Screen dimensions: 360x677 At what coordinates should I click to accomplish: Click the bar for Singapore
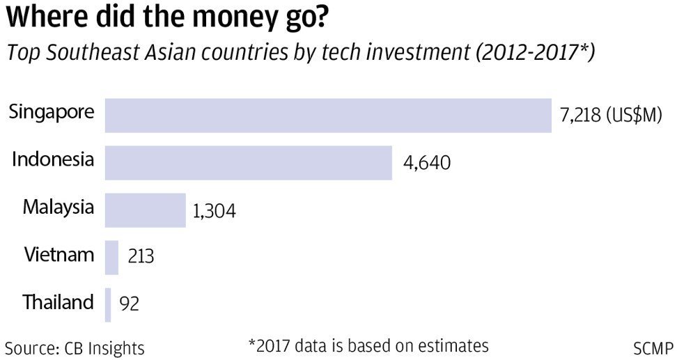[327, 115]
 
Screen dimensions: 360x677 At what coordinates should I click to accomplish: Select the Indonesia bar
[248, 163]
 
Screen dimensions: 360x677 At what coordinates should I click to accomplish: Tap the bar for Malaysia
[145, 210]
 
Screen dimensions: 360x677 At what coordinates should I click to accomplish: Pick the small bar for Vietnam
[111, 258]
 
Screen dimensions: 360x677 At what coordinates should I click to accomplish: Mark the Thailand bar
[108, 305]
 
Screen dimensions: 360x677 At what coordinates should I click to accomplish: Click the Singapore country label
[52, 111]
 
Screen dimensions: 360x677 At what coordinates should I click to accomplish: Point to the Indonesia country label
[53, 159]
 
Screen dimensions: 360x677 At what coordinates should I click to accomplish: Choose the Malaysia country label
[58, 207]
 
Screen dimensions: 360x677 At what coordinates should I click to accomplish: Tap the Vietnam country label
[59, 255]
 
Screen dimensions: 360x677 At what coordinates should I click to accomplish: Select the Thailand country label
[58, 302]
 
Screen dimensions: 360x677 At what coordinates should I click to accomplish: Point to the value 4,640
[427, 164]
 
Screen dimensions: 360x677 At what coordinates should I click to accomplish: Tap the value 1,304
[215, 211]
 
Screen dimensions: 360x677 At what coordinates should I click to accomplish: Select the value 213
[141, 256]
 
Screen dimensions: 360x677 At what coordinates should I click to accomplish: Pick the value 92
[130, 304]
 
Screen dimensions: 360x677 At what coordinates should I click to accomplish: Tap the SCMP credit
[653, 347]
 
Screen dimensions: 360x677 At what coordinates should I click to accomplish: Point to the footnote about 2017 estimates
[368, 345]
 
